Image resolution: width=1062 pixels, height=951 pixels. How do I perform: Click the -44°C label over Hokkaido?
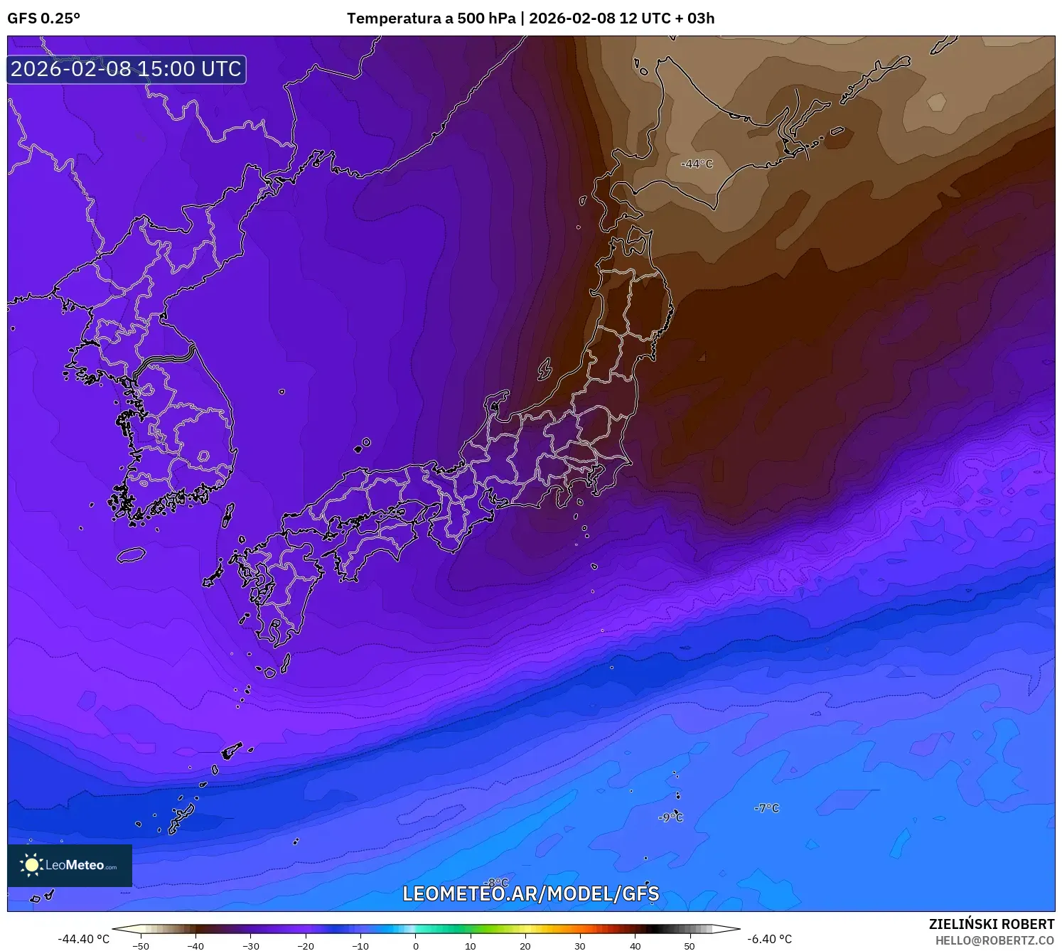[x=697, y=164]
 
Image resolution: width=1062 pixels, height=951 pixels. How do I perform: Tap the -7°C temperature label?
[x=766, y=808]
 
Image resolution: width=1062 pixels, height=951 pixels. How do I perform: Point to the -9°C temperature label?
[x=670, y=818]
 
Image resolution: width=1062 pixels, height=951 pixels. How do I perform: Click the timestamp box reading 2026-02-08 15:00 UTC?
[x=127, y=69]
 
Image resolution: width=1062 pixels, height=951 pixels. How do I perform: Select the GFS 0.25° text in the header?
[x=43, y=18]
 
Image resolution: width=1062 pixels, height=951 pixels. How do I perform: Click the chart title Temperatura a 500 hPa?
[x=431, y=18]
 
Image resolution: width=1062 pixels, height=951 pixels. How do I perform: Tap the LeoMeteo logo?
[x=70, y=865]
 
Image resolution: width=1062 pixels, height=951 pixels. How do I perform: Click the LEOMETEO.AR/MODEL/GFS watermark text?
[x=531, y=893]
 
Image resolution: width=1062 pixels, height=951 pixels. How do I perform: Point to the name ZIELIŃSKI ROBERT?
[x=992, y=924]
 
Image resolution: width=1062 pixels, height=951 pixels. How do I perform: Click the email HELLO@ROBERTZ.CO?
[x=994, y=940]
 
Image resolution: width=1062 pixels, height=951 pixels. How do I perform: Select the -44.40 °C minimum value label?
[x=83, y=939]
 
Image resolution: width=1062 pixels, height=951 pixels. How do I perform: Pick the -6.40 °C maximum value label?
[x=769, y=939]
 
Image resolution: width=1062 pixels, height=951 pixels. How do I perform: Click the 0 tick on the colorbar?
[x=416, y=945]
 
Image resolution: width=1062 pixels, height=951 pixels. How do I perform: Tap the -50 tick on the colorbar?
[x=141, y=945]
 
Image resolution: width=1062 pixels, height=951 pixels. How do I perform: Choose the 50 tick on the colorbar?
[x=690, y=945]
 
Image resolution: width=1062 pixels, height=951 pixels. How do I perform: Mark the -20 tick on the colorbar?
[x=305, y=945]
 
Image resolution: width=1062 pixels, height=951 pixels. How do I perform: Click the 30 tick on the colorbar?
[x=580, y=945]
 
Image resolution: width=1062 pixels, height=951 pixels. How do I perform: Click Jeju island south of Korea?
[x=131, y=554]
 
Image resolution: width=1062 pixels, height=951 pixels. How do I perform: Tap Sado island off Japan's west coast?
[x=545, y=369]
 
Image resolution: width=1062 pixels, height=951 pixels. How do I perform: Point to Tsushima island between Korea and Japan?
[x=228, y=515]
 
